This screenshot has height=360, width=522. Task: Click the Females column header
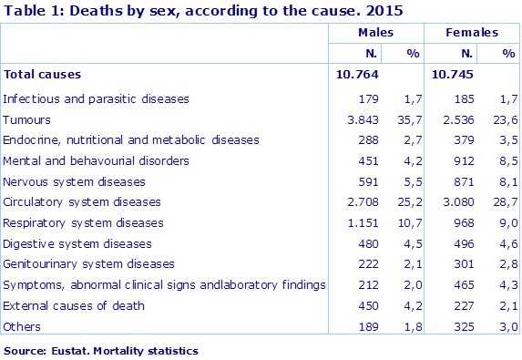(472, 33)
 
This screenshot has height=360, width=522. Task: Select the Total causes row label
(43, 74)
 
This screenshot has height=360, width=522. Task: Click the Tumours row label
(27, 119)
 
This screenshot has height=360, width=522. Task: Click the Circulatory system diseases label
(82, 201)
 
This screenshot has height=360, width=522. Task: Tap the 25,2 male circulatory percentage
(406, 201)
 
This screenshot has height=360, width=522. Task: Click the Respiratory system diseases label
(84, 222)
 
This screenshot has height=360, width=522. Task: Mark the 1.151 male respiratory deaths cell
(362, 222)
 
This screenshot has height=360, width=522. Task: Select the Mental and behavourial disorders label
(96, 160)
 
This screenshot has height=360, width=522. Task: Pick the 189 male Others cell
(367, 326)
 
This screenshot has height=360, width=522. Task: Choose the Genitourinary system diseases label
(89, 264)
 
